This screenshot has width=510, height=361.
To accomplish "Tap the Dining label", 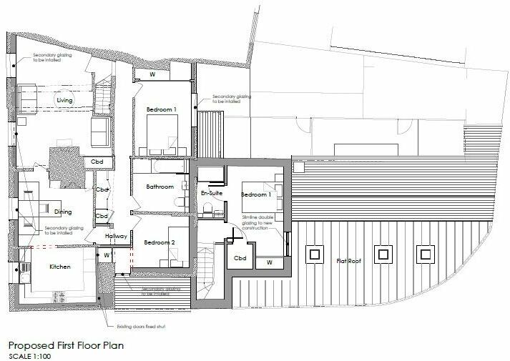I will point(63,212).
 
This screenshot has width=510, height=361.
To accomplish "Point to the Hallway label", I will point(116,236).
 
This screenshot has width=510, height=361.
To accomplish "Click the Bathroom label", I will point(160,187).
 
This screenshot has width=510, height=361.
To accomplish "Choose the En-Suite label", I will point(210,192).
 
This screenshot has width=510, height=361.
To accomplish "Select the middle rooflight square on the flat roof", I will point(384,252).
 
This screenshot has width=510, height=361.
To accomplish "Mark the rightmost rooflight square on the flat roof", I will point(426,252).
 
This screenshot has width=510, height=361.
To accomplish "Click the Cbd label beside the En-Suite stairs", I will point(241,258).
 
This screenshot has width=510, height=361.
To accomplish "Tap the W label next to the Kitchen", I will point(106,254).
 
